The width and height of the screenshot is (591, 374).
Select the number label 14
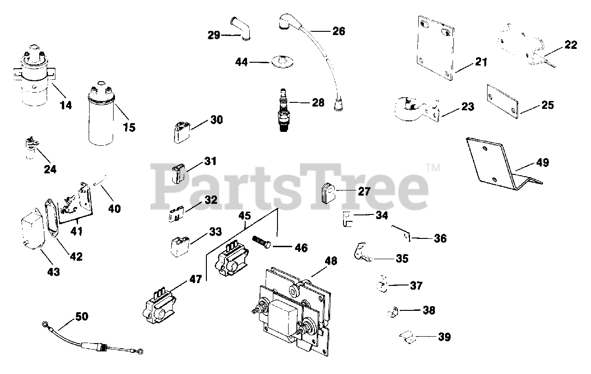point(66,105)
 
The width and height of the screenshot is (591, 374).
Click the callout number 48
point(330,261)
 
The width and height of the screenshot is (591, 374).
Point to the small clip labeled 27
point(327,192)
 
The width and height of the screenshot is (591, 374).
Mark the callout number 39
point(444,337)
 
